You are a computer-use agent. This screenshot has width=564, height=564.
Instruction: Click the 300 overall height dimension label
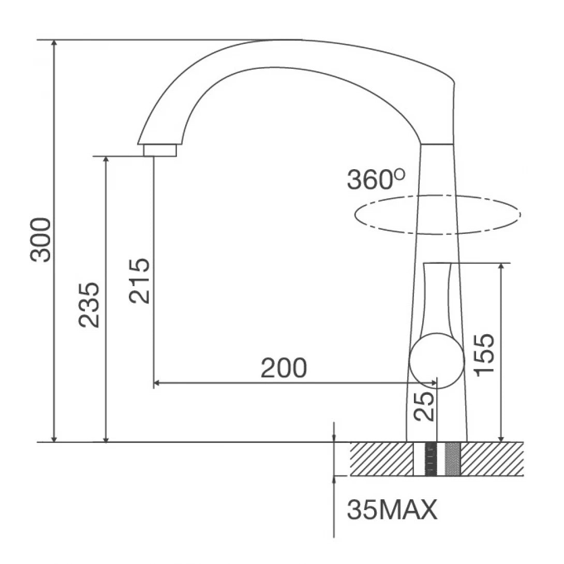tap(40, 240)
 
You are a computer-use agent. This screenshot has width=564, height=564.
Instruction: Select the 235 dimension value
tap(89, 304)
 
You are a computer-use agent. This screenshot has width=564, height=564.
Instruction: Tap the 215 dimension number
tap(140, 280)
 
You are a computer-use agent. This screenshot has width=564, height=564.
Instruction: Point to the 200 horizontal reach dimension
tap(284, 368)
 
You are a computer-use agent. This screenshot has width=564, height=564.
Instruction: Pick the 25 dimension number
tap(423, 407)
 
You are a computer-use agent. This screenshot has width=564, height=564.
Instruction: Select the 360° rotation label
tap(376, 180)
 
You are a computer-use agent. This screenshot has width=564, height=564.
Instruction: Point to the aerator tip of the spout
tap(159, 150)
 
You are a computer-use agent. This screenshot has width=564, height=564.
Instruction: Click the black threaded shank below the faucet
tap(431, 459)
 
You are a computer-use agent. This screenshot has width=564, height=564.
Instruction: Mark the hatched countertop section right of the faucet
tap(492, 459)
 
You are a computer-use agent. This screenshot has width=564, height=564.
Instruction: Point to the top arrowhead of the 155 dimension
tap(500, 268)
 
